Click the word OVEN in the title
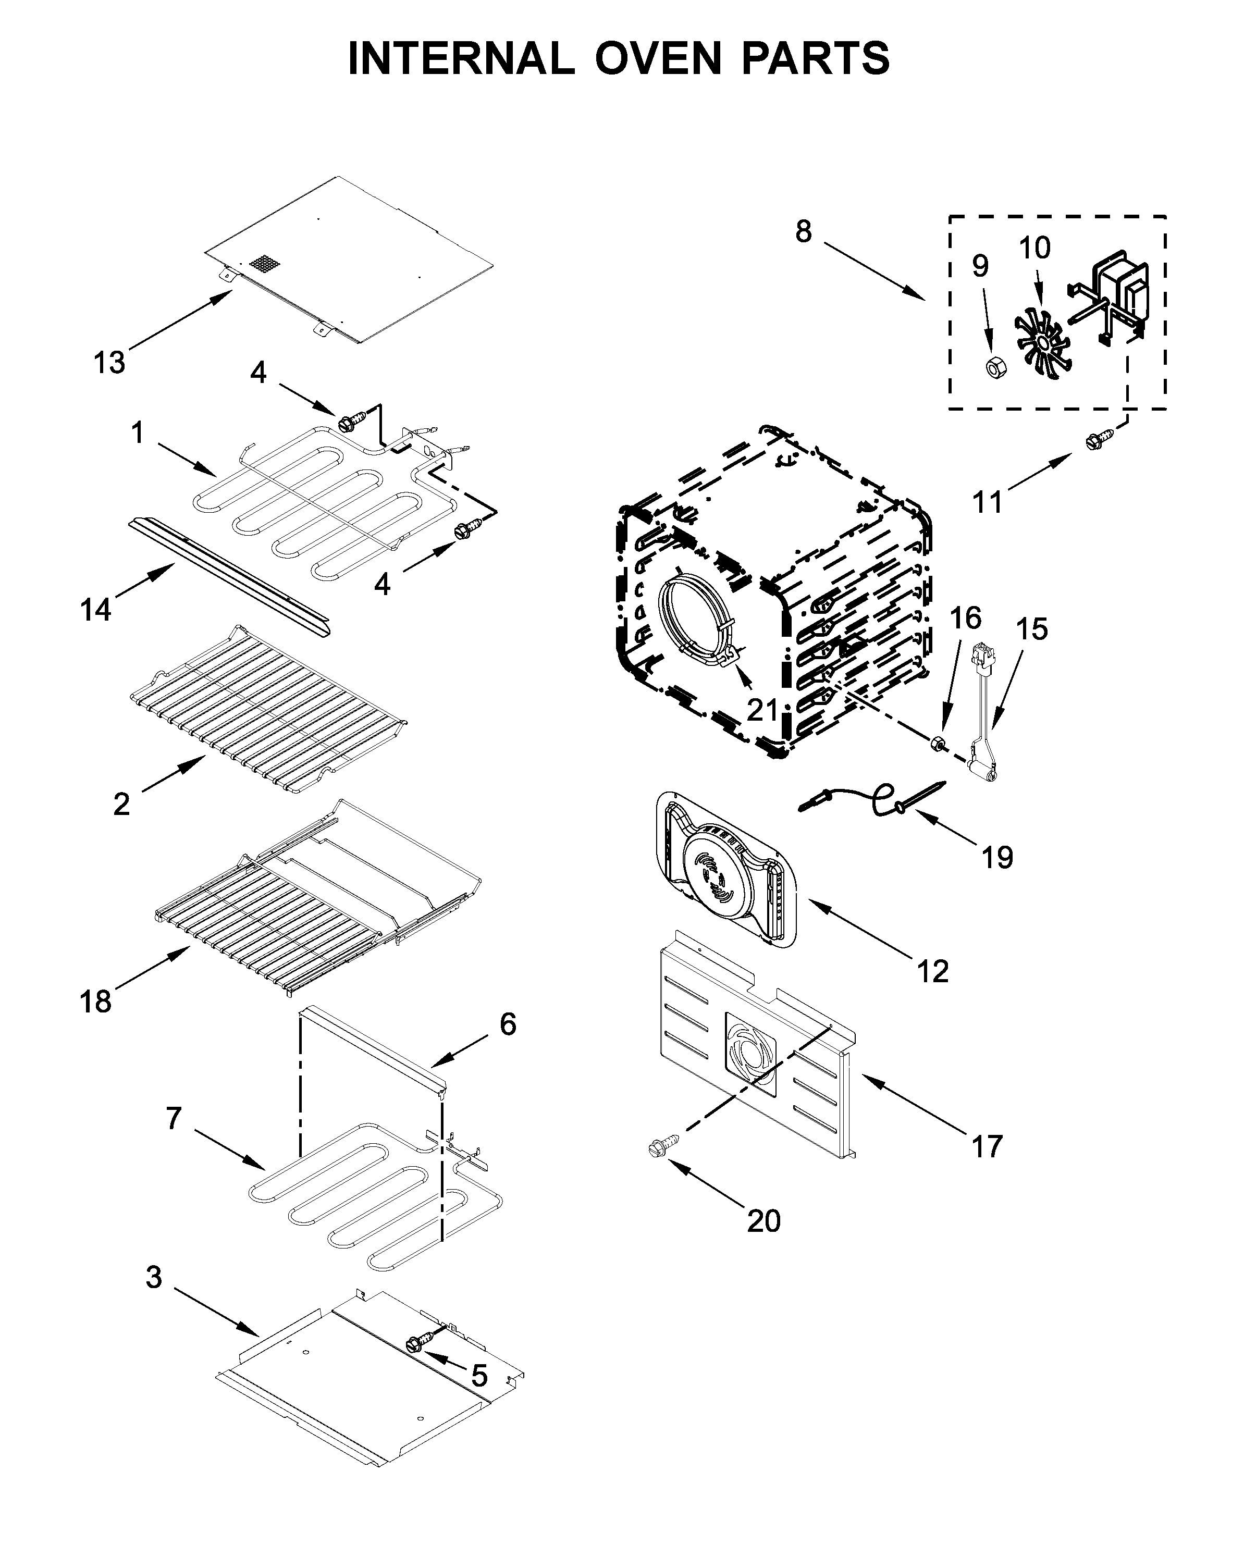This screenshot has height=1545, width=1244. pos(657,59)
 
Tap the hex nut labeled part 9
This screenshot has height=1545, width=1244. pos(994,369)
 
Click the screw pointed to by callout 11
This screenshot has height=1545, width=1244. pos(1099,439)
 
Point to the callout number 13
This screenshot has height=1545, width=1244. pos(109,363)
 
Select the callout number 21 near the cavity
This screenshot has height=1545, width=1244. pos(762,709)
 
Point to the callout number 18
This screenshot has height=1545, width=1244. pos(95,1001)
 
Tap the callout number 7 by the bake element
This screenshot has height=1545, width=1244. pos(174,1118)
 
